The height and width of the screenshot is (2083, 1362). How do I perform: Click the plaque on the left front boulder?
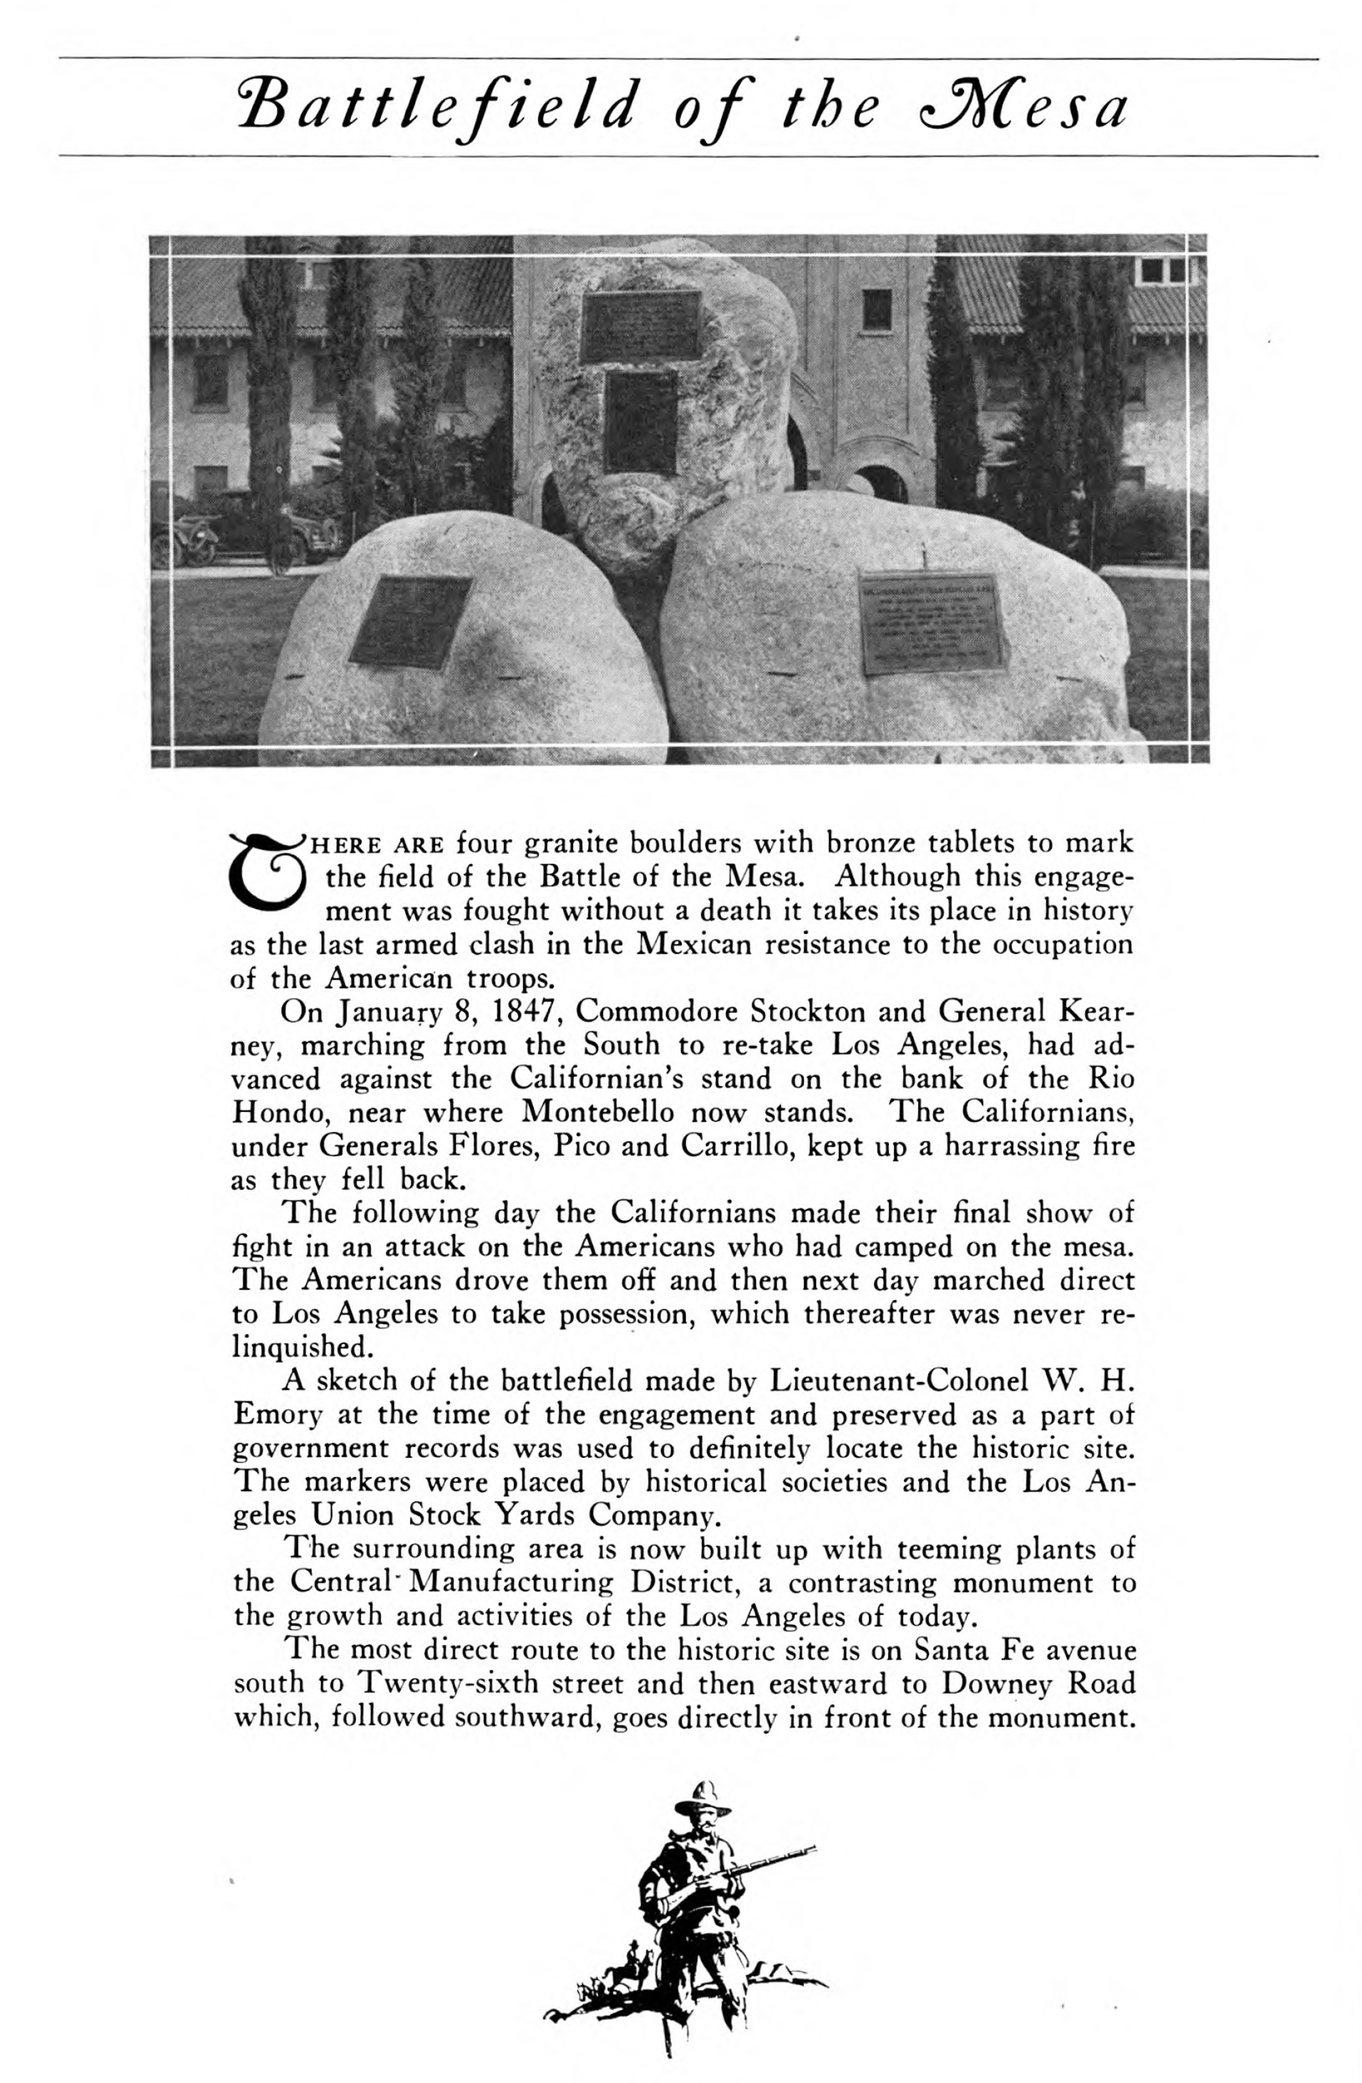pyautogui.click(x=411, y=622)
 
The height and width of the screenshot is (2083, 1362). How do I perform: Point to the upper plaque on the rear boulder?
pyautogui.click(x=642, y=326)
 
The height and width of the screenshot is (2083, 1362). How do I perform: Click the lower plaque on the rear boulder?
pyautogui.click(x=641, y=421)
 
